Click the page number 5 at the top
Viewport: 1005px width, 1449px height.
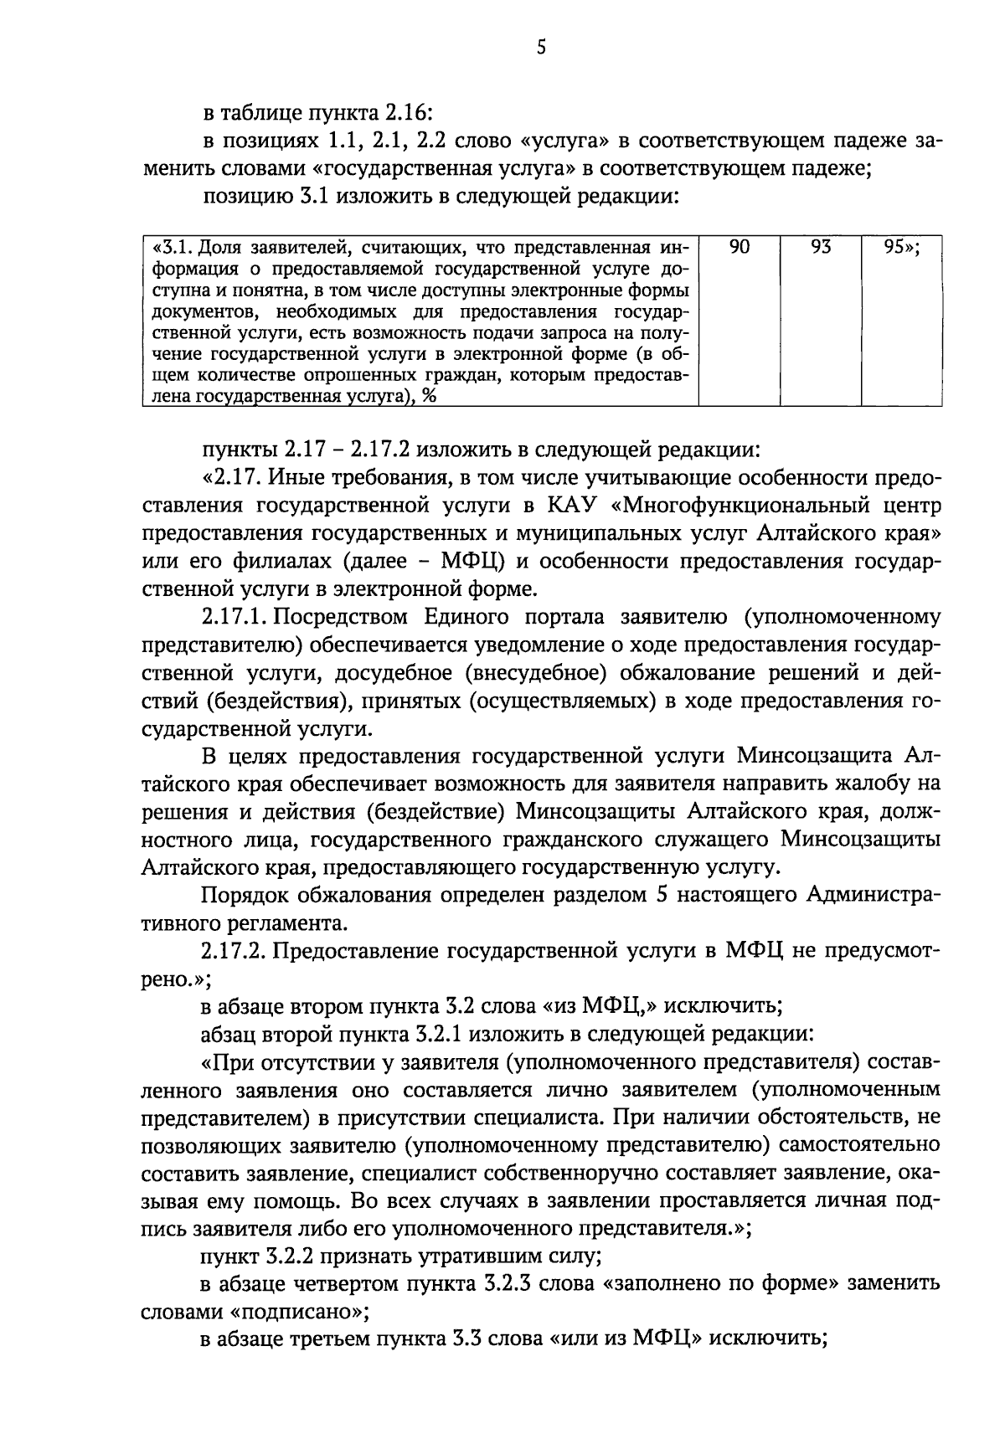541,48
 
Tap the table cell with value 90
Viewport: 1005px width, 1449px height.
740,248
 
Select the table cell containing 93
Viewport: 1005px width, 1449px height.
820,248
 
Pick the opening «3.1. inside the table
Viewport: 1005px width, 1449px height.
172,248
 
